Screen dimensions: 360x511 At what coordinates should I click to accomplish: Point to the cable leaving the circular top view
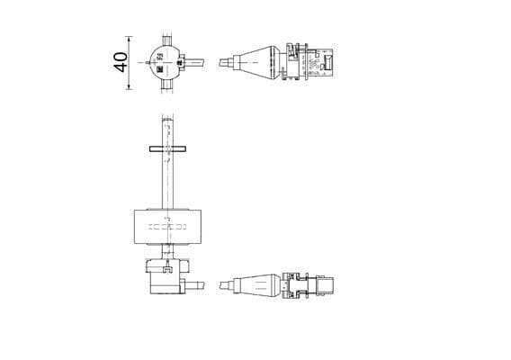202,63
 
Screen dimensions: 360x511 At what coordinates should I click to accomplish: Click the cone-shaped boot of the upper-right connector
261,62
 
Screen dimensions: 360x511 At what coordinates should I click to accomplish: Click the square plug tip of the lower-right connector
327,285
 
